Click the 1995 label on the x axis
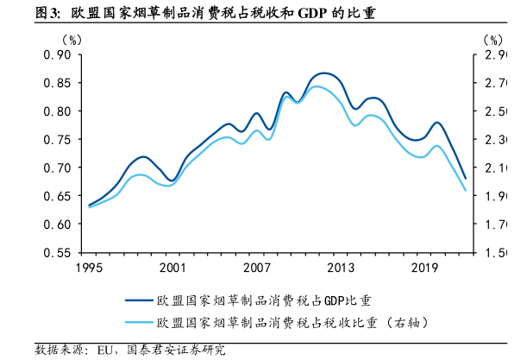pos(89,268)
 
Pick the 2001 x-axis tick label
pos(173,268)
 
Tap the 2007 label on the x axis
pos(256,268)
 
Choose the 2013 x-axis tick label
pos(341,268)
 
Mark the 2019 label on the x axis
pos(424,268)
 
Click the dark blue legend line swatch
pos(136,300)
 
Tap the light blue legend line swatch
pos(136,322)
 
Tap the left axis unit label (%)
pos(72,40)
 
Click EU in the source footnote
pos(107,350)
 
